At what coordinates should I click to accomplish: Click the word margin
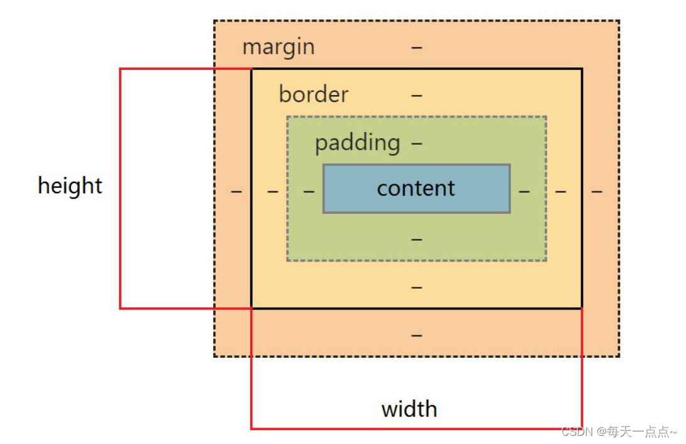pyautogui.click(x=278, y=47)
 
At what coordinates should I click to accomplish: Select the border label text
pyautogui.click(x=313, y=95)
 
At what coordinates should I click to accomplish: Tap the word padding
pyautogui.click(x=357, y=143)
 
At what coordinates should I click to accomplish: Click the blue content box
pyautogui.click(x=416, y=189)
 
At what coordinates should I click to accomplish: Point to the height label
pyautogui.click(x=70, y=186)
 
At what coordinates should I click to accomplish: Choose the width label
pyautogui.click(x=409, y=409)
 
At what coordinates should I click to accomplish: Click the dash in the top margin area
pyautogui.click(x=417, y=47)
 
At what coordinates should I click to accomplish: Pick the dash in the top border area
pyautogui.click(x=417, y=96)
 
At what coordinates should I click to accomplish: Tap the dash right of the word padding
pyautogui.click(x=417, y=143)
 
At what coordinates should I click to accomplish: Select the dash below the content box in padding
pyautogui.click(x=417, y=240)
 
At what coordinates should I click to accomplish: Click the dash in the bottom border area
pyautogui.click(x=417, y=287)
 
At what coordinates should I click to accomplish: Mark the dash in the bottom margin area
pyautogui.click(x=417, y=336)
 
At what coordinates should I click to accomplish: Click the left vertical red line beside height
pyautogui.click(x=120, y=189)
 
